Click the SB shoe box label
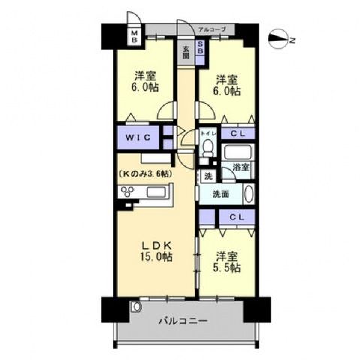coord(201,49)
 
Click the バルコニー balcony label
coord(183,321)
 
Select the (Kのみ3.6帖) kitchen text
coord(144,174)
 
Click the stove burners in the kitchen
coord(123,192)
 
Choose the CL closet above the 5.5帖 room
coord(236,217)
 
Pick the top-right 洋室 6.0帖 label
coord(226,85)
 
